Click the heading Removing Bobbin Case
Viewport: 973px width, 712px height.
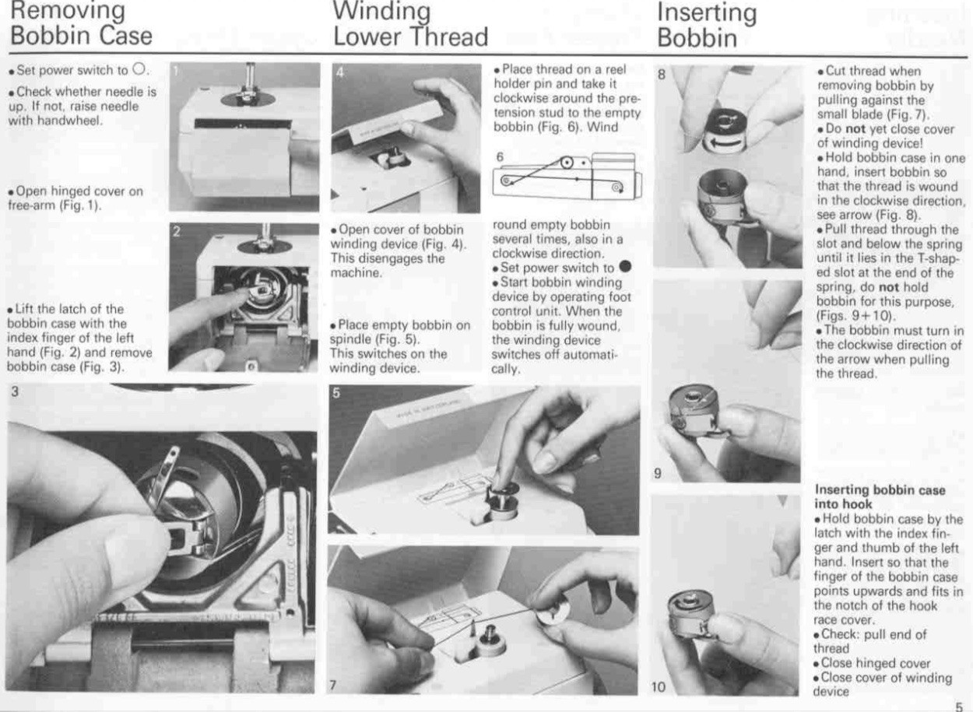[79, 23]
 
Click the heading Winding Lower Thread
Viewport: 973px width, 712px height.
[410, 23]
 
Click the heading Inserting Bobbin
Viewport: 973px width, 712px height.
[707, 25]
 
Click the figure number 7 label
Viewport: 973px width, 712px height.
[333, 685]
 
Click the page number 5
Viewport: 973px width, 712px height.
[958, 707]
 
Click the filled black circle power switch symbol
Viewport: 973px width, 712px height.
[623, 268]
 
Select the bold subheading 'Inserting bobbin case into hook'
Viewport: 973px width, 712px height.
[880, 497]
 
